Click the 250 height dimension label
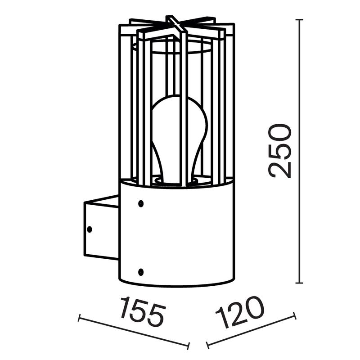(280, 151)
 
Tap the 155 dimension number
(143, 311)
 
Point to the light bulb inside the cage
(179, 135)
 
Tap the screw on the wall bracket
(89, 229)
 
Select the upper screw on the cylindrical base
(141, 203)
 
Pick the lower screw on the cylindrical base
(141, 272)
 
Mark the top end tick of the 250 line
(299, 20)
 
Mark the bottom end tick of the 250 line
(299, 283)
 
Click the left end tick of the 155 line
(79, 318)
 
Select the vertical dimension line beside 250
(299, 225)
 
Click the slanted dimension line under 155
(133, 332)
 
